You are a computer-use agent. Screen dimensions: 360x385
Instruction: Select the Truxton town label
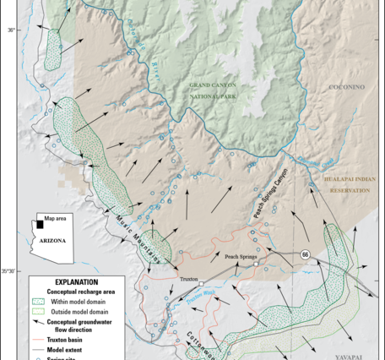(x=187, y=277)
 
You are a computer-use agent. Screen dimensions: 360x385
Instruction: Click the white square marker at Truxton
(x=203, y=283)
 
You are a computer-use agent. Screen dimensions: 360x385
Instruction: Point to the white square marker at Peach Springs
(x=256, y=264)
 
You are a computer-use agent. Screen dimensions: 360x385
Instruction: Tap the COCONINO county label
(x=345, y=87)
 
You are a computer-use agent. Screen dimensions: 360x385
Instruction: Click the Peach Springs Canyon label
(x=270, y=194)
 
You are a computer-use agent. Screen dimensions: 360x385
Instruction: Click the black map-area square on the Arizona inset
(x=40, y=225)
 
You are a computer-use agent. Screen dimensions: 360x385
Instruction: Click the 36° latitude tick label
(x=12, y=30)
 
